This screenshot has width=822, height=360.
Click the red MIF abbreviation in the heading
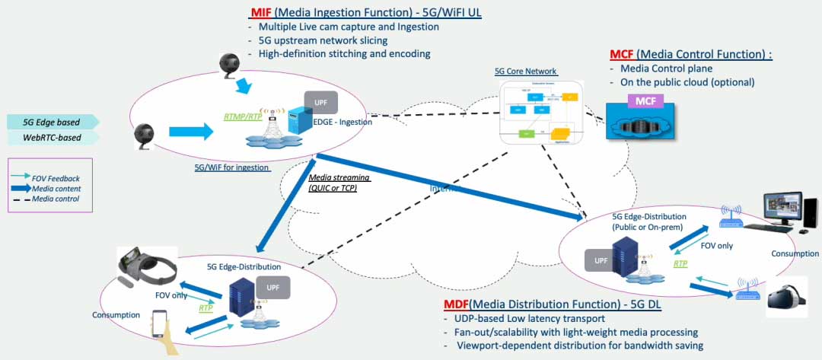pos(262,13)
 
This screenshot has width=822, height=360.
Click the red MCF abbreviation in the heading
pos(622,55)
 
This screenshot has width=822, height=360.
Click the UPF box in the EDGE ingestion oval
pos(317,101)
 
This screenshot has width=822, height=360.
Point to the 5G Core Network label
pos(525,72)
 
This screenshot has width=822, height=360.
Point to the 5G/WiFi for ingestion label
pos(233,168)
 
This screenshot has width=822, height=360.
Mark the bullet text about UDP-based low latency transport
pos(527,318)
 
